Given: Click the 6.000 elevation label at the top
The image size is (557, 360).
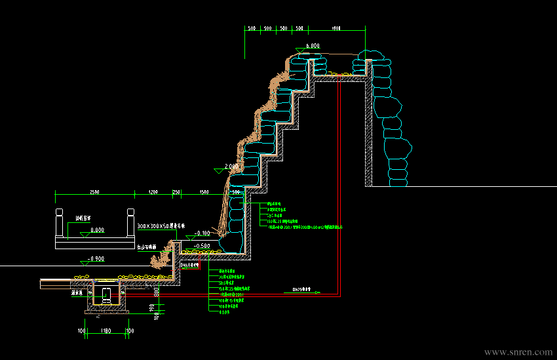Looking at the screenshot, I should tap(312, 46).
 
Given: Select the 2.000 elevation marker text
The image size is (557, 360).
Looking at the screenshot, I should tap(231, 167).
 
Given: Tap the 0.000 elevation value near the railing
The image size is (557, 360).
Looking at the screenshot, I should tap(97, 230).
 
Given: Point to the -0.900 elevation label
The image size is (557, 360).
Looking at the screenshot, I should tap(96, 259).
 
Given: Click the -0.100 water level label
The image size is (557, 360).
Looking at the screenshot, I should tap(202, 233).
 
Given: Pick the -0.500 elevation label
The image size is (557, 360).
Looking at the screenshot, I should tap(202, 245).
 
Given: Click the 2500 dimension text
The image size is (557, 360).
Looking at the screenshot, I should tap(94, 192).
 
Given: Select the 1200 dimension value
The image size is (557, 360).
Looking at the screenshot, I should tap(153, 192).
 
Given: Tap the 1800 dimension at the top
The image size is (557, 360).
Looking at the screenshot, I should tap(336, 29).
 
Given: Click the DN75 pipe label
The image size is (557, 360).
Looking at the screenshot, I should tap(301, 289).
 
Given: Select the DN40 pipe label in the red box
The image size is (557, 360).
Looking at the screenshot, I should tap(189, 266).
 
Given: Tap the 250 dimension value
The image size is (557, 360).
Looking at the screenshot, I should tap(176, 192).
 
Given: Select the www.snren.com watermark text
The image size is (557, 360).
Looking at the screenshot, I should tap(518, 352).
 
